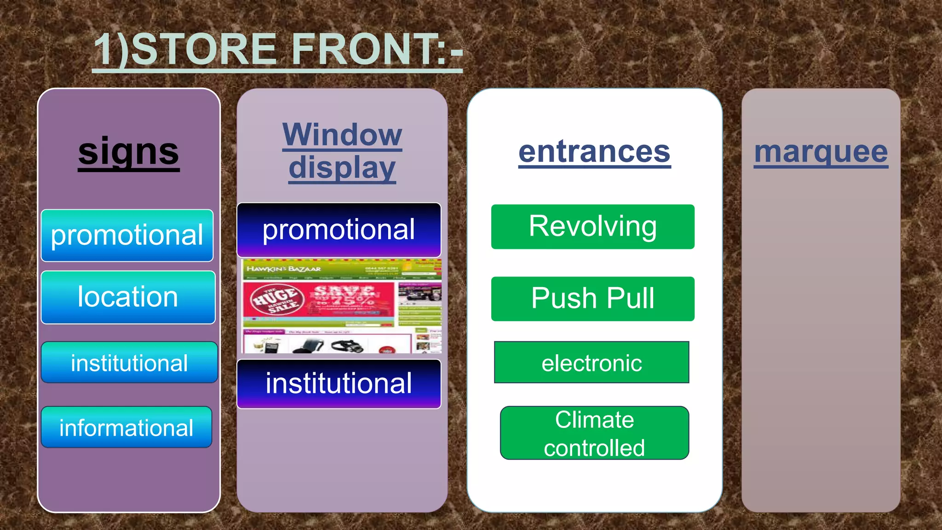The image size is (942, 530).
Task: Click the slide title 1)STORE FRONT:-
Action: click(x=278, y=50)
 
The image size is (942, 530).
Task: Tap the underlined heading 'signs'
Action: click(x=128, y=152)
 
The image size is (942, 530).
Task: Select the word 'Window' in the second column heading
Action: click(x=342, y=135)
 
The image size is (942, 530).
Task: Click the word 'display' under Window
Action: click(x=342, y=168)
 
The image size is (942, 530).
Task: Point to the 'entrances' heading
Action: click(x=594, y=152)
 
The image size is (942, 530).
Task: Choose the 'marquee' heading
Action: click(x=821, y=152)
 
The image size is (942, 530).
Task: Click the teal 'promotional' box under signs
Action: click(x=127, y=236)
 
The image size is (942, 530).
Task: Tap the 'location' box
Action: click(x=128, y=297)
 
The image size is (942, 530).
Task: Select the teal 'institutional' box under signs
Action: click(x=129, y=363)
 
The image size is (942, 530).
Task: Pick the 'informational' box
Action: click(x=126, y=427)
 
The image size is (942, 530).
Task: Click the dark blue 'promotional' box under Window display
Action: click(x=339, y=230)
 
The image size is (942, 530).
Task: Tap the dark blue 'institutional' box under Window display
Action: click(x=339, y=384)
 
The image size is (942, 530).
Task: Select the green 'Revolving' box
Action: click(x=592, y=227)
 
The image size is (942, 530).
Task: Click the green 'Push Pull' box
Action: click(x=592, y=299)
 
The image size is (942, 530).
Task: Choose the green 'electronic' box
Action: click(x=592, y=363)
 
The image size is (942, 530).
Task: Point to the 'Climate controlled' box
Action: click(x=594, y=433)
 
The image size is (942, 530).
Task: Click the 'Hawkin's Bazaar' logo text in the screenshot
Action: click(x=283, y=269)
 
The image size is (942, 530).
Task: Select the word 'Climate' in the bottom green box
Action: click(x=594, y=420)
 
